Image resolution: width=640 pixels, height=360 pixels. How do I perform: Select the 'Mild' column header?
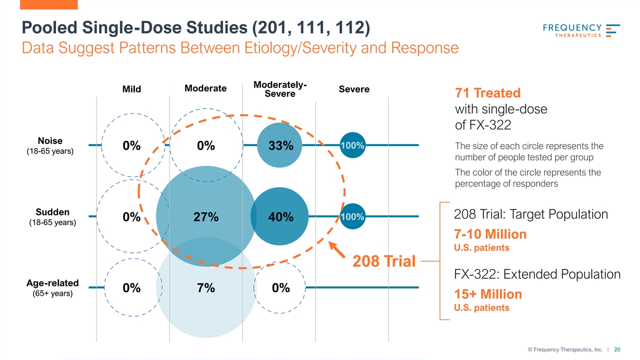click(x=131, y=89)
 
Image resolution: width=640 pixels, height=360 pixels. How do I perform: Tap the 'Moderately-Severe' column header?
click(x=280, y=90)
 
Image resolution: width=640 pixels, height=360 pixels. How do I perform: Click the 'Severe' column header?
click(x=354, y=89)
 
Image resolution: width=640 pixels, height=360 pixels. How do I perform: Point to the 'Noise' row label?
click(x=50, y=141)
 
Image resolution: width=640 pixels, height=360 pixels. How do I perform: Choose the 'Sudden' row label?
click(x=50, y=211)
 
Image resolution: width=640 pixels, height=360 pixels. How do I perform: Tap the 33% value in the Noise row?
click(x=280, y=146)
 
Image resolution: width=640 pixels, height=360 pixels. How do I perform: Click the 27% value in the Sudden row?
click(x=205, y=218)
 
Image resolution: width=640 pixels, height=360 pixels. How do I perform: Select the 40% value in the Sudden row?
click(x=280, y=218)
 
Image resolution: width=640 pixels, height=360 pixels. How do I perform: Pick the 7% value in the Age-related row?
click(x=205, y=288)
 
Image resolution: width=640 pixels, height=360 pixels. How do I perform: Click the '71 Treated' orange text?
click(x=487, y=93)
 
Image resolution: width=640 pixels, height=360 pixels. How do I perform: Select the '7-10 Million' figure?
click(x=490, y=234)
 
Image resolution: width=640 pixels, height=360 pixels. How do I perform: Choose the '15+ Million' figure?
click(x=487, y=294)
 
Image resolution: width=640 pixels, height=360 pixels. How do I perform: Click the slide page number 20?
click(x=617, y=350)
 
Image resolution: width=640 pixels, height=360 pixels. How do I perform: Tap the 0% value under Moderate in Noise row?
click(x=205, y=146)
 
